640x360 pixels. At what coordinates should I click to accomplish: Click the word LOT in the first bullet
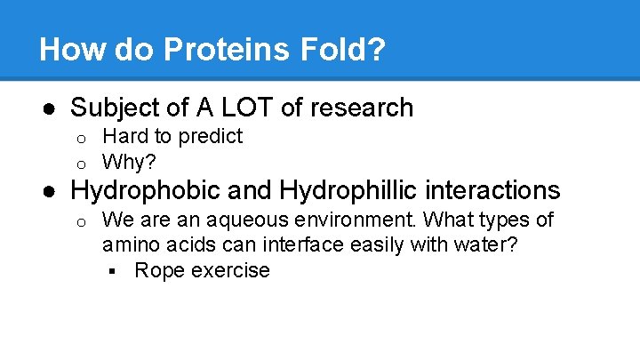pyautogui.click(x=244, y=108)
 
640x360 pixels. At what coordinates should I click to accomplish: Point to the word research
pyautogui.click(x=359, y=108)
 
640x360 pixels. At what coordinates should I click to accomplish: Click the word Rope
pyautogui.click(x=156, y=270)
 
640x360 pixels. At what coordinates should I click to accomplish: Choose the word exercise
pyautogui.click(x=228, y=270)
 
